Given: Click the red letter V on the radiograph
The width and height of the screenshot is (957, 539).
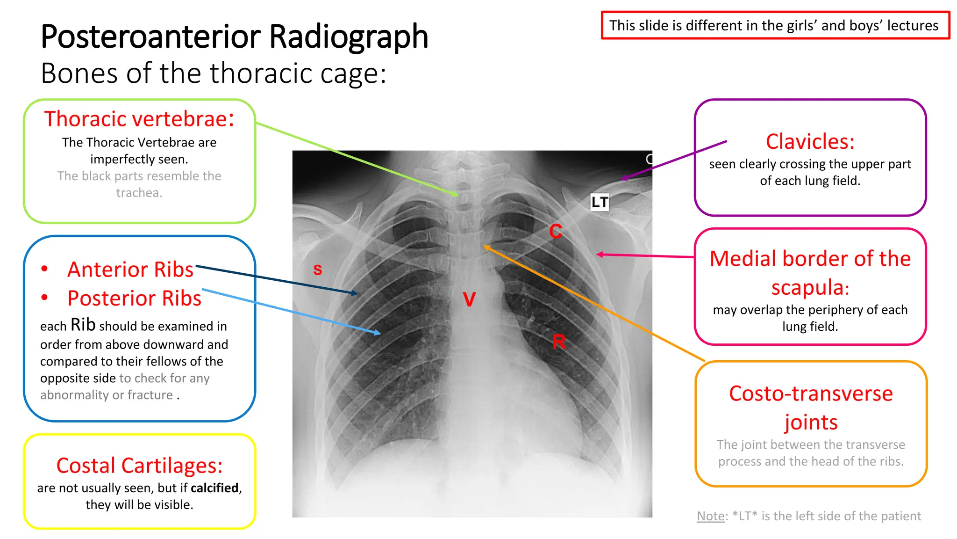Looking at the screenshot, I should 469,299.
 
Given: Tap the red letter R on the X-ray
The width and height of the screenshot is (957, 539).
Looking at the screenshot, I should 559,342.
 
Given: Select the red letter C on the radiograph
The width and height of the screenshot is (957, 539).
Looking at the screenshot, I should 556,231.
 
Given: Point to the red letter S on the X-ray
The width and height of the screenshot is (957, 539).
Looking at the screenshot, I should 318,269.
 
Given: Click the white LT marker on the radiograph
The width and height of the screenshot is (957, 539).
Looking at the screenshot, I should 600,202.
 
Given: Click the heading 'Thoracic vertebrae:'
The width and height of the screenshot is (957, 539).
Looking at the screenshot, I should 139,119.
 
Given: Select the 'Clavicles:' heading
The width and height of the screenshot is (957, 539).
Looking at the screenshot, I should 810,141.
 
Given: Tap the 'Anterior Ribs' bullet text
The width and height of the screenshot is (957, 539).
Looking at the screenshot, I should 130,269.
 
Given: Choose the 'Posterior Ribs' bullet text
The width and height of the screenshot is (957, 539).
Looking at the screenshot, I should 134,299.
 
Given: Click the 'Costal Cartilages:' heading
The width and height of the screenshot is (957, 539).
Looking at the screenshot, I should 139,466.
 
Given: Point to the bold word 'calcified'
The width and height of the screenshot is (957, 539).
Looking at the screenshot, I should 214,488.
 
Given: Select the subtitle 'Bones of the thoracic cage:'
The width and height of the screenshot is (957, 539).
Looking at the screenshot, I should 214,73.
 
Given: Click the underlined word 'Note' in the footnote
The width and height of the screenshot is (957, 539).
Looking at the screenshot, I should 710,516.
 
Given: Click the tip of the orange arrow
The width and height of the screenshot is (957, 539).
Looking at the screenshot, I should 485,246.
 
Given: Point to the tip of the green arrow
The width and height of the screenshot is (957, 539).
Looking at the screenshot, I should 458,195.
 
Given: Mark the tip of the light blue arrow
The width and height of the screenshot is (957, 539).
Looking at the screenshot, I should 380,334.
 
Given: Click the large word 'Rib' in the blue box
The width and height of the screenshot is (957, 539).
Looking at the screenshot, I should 83,325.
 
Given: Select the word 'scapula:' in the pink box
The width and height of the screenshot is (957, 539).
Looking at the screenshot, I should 810,287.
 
